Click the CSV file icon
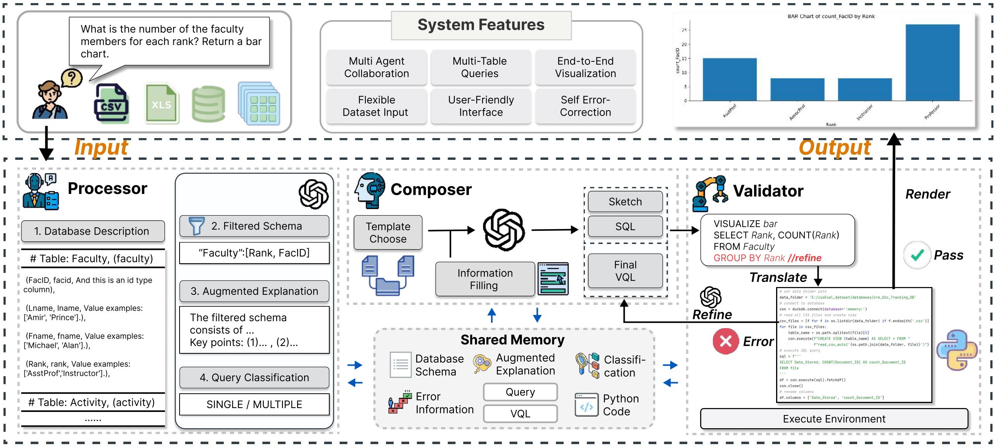111,104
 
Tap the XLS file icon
161,104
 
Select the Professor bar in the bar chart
932,62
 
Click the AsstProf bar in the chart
730,80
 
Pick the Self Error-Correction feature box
585,106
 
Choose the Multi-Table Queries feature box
480,67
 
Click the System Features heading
481,25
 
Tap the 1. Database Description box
92,231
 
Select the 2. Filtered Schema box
254,226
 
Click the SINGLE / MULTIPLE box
254,405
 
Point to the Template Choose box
388,232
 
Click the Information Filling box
485,279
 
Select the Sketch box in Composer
625,202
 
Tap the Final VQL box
625,271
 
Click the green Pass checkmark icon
917,255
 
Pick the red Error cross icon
725,341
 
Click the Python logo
956,350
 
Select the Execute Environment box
834,419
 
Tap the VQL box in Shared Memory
520,413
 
